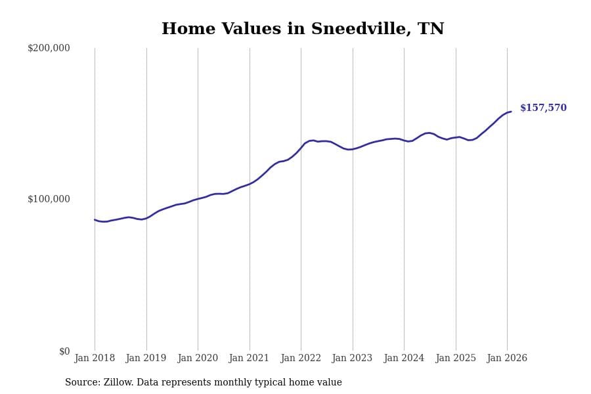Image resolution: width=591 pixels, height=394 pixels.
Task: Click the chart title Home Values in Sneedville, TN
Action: click(303, 30)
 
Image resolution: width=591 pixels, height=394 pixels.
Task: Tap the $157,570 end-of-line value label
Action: click(543, 108)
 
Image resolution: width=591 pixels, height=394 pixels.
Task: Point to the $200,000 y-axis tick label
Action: click(49, 48)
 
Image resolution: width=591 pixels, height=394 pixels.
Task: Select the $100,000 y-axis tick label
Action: click(49, 199)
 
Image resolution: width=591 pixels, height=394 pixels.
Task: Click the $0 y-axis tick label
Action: click(64, 351)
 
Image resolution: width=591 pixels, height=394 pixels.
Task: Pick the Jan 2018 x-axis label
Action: click(95, 359)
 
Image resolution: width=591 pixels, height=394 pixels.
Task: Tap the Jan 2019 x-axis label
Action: click(146, 359)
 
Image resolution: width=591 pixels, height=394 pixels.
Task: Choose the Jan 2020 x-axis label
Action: click(198, 359)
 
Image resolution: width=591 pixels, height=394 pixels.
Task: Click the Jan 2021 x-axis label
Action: click(249, 359)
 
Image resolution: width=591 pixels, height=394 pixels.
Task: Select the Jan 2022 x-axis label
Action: click(301, 359)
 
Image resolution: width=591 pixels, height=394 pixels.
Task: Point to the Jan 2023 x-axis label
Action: click(352, 359)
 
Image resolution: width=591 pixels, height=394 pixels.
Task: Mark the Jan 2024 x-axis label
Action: click(404, 359)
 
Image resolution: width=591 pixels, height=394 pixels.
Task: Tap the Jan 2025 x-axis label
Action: click(455, 359)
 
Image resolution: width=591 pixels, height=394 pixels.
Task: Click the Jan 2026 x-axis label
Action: click(507, 359)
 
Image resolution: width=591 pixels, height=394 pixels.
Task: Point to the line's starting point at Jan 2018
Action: click(95, 220)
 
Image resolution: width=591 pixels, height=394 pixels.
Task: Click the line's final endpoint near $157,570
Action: click(511, 112)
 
